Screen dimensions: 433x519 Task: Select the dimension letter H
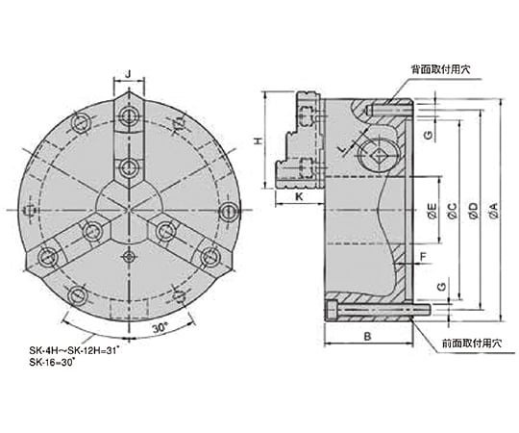[259, 140]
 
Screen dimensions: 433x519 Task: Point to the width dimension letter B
[368, 336]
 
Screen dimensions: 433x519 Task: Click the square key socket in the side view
[378, 155]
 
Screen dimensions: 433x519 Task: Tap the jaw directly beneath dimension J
[129, 140]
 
